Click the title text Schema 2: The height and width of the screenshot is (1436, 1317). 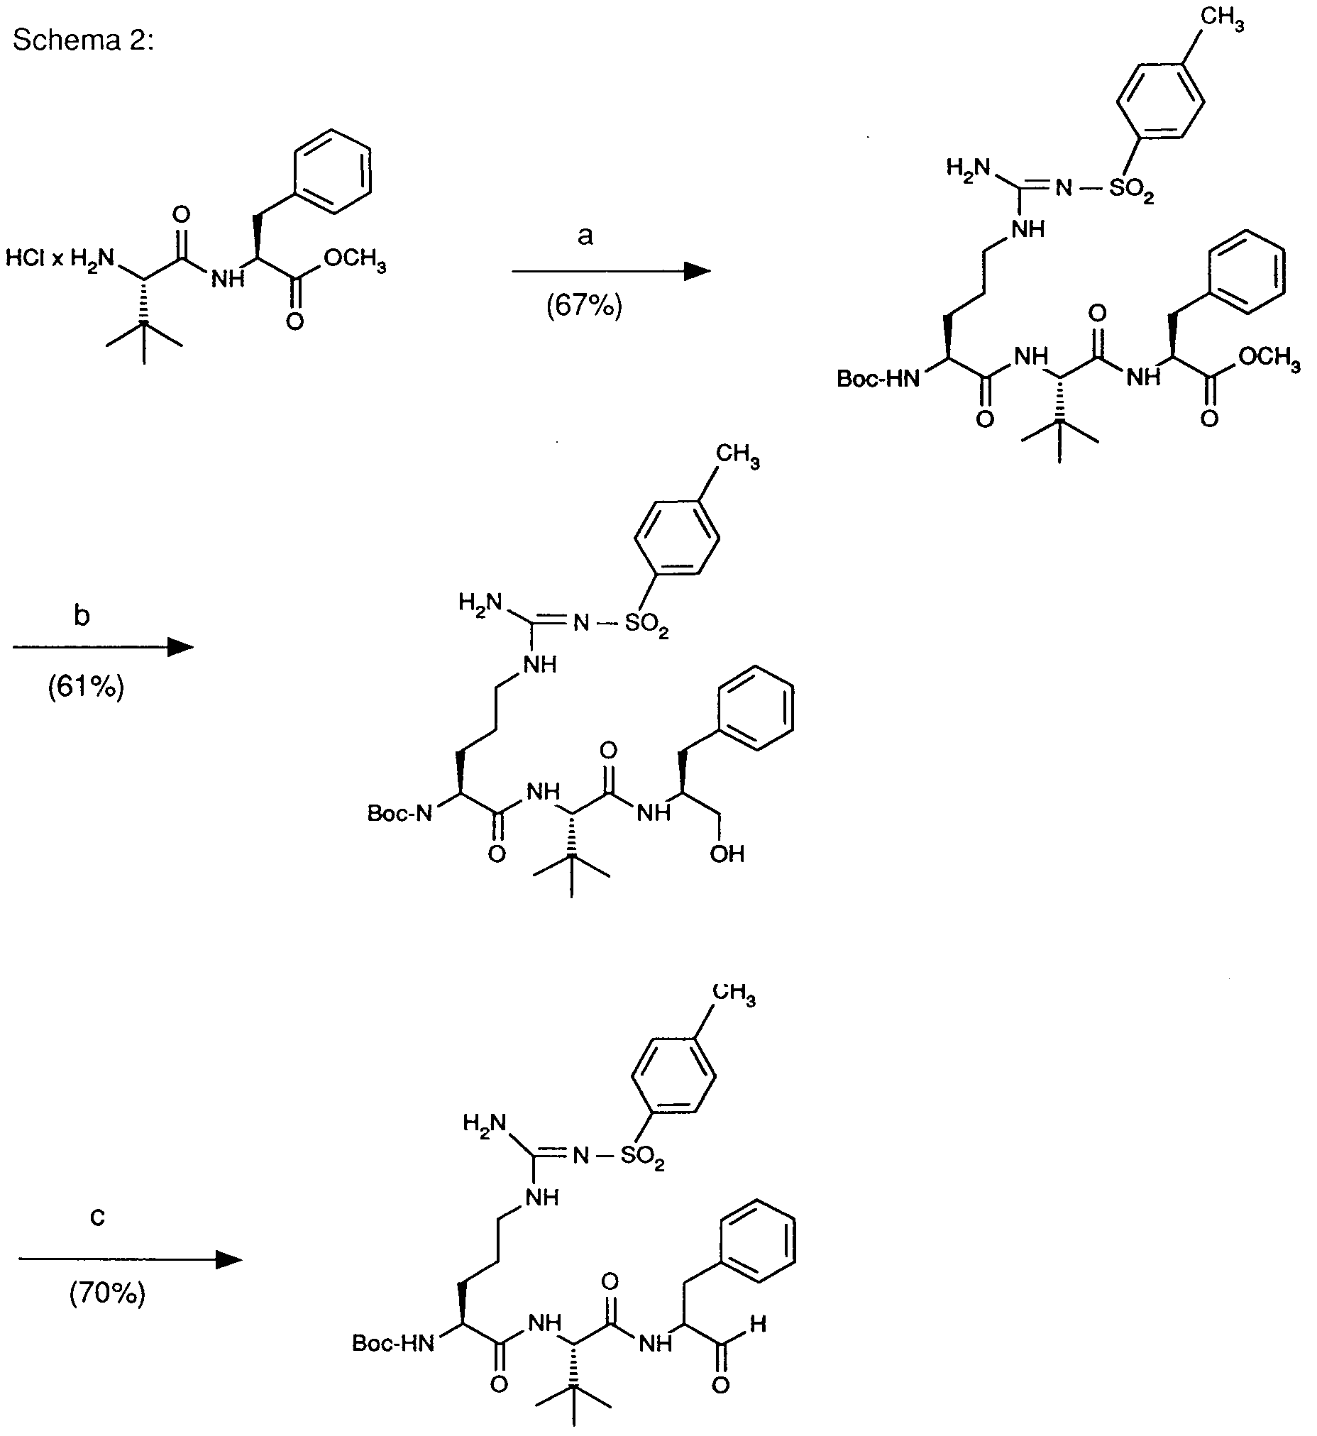(x=83, y=40)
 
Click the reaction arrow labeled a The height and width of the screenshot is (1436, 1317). (x=611, y=271)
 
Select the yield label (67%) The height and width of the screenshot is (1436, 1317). (x=585, y=306)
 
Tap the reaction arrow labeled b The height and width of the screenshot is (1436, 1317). (x=104, y=647)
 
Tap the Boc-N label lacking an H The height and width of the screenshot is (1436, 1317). (x=399, y=813)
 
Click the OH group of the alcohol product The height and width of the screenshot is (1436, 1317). (x=727, y=853)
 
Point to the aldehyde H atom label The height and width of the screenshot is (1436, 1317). (x=759, y=1324)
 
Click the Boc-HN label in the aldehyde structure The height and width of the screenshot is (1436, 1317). (x=393, y=1343)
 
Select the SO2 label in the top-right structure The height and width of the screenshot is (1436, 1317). (x=1132, y=190)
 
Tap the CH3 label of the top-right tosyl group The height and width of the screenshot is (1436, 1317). (x=1222, y=20)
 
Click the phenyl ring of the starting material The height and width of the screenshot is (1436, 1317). (x=332, y=171)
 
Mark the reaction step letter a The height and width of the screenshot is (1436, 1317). (x=585, y=235)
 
